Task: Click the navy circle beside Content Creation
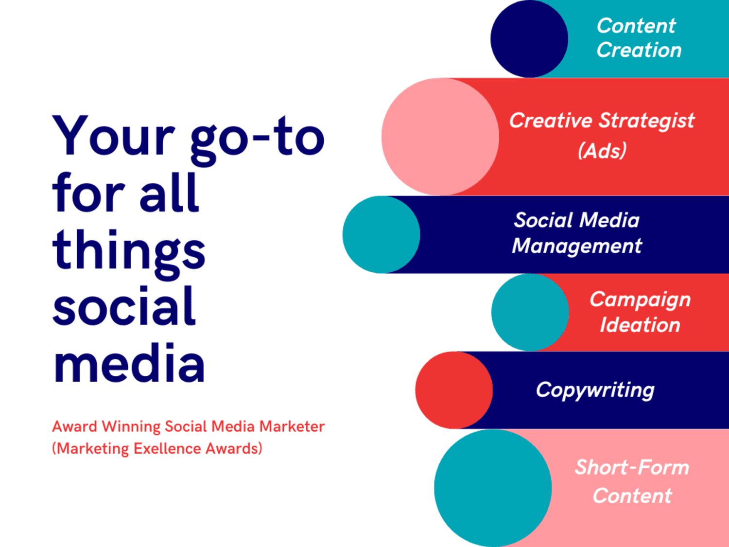[529, 38]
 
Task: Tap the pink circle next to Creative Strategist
[440, 137]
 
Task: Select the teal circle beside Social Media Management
[382, 234]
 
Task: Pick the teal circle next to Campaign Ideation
[530, 312]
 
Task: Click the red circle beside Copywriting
[453, 390]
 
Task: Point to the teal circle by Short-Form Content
[493, 488]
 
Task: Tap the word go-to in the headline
[258, 140]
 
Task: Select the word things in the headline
[129, 254]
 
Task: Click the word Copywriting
[595, 390]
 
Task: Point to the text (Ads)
[602, 150]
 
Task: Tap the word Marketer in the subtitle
[292, 426]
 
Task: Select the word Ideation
[640, 325]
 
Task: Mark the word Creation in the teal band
[639, 50]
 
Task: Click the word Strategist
[646, 121]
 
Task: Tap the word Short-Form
[632, 467]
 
